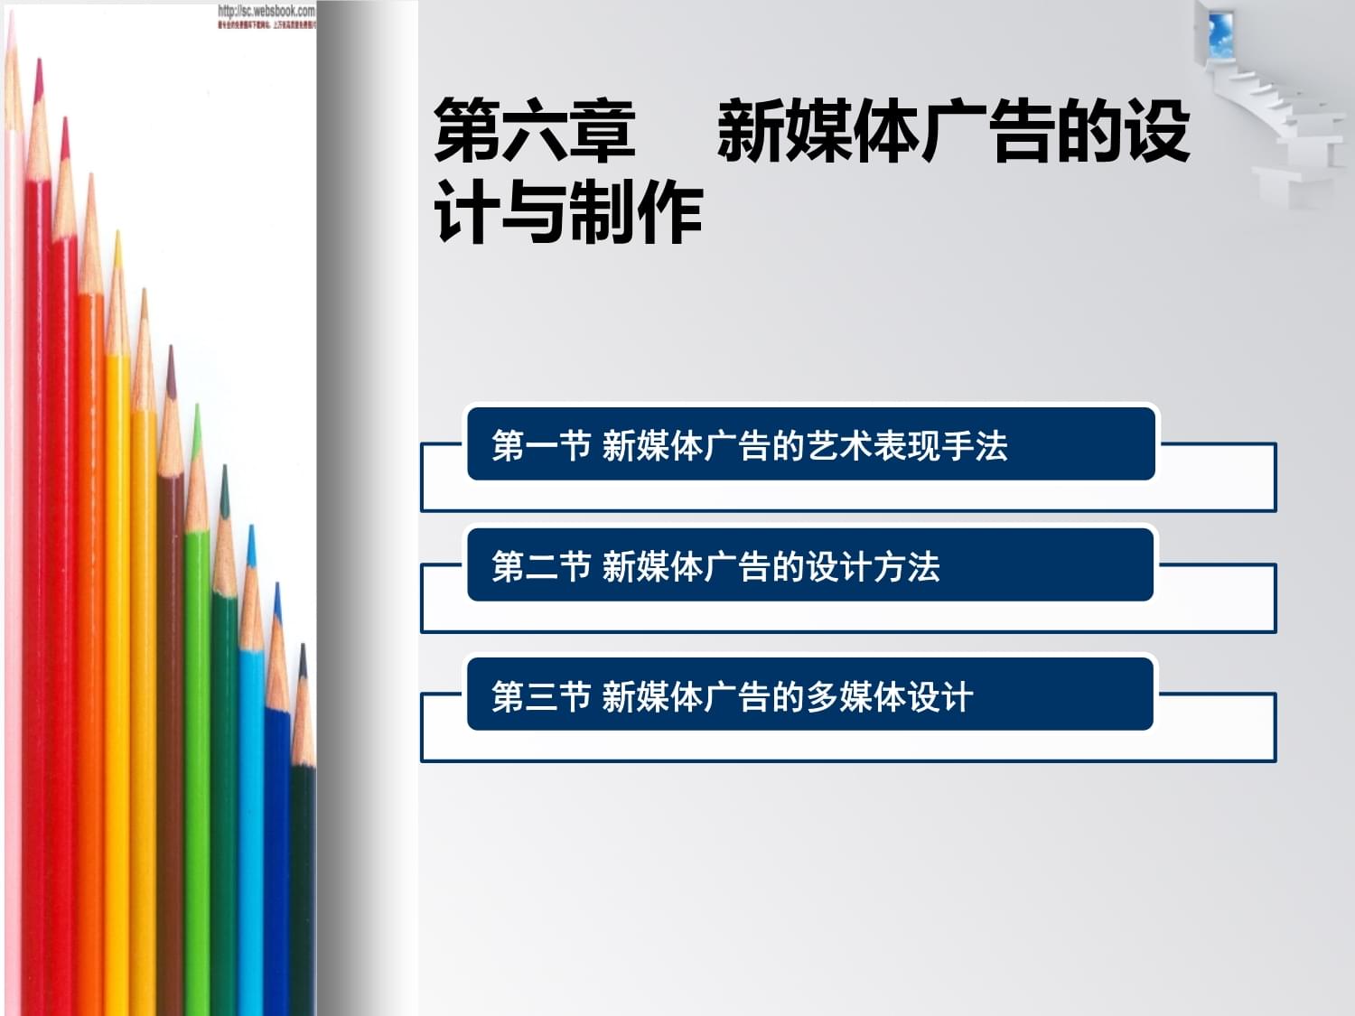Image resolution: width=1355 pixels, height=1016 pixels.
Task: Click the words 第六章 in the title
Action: [535, 131]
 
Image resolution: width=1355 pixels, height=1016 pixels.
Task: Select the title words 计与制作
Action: [568, 213]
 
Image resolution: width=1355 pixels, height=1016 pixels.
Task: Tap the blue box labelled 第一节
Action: [810, 443]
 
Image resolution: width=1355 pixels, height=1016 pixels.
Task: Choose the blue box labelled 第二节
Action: [809, 565]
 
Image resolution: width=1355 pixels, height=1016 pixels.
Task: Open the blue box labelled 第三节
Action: [809, 694]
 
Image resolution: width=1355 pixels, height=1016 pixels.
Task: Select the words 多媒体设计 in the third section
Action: [890, 697]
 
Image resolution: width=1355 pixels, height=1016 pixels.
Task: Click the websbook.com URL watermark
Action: [266, 12]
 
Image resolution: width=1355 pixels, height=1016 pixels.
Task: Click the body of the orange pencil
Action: [90, 632]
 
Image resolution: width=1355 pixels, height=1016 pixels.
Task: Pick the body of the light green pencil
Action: [198, 768]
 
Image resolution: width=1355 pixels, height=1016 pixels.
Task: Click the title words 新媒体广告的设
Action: [953, 131]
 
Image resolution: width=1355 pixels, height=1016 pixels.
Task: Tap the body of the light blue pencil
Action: [251, 813]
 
